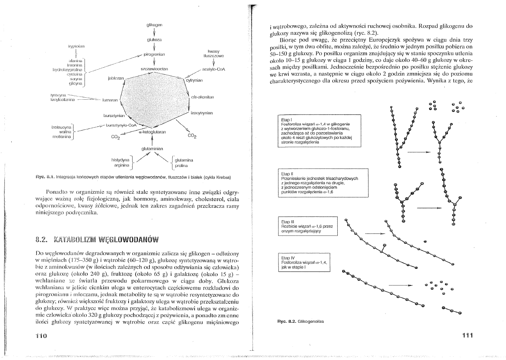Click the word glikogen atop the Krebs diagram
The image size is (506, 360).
click(x=154, y=26)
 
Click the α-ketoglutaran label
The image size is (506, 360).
click(x=153, y=132)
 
